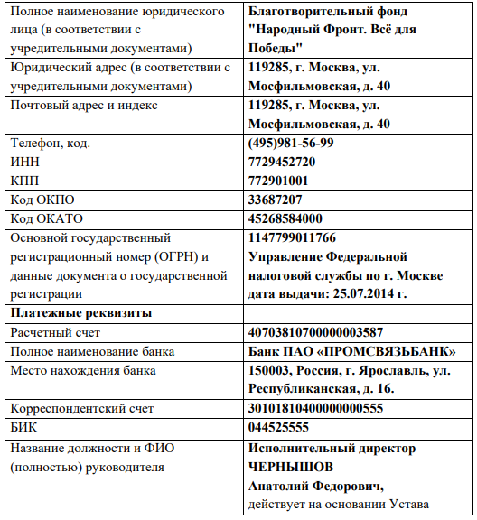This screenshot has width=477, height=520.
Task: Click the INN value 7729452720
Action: click(x=282, y=162)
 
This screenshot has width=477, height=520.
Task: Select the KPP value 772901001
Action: click(x=278, y=181)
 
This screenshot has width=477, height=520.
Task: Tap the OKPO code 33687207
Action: click(x=275, y=200)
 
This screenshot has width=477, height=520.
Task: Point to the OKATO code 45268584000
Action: click(x=285, y=218)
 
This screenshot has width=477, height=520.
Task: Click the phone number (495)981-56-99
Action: click(x=290, y=143)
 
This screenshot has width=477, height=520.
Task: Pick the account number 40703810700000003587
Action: click(x=315, y=331)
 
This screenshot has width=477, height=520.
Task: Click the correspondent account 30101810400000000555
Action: click(x=315, y=408)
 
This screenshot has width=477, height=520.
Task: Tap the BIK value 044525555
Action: click(x=278, y=427)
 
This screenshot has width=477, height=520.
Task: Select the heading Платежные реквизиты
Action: click(x=80, y=312)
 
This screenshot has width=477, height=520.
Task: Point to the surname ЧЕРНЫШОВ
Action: click(x=290, y=467)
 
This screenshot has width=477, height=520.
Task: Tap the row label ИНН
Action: click(x=26, y=162)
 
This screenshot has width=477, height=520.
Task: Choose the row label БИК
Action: click(x=24, y=427)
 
